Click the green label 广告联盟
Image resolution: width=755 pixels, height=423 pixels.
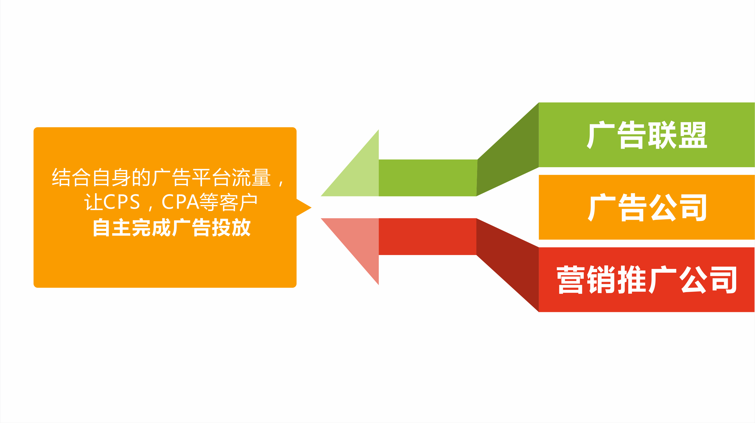[x=647, y=135]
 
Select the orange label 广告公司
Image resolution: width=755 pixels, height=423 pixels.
[x=647, y=207]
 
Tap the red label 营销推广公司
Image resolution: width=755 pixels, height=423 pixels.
[x=647, y=280]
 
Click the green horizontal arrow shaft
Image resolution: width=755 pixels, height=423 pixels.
[x=428, y=178]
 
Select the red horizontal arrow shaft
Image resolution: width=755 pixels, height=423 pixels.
[x=428, y=236]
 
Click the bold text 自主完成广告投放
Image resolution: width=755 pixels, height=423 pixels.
[x=172, y=227]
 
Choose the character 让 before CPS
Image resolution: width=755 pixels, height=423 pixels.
[x=94, y=202]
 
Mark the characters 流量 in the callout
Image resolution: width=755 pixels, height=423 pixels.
[x=251, y=177]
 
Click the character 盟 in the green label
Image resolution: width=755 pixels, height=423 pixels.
[x=693, y=135]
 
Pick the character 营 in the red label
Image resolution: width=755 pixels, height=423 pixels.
[x=571, y=279]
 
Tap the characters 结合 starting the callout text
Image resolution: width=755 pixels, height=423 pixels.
[x=71, y=177]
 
